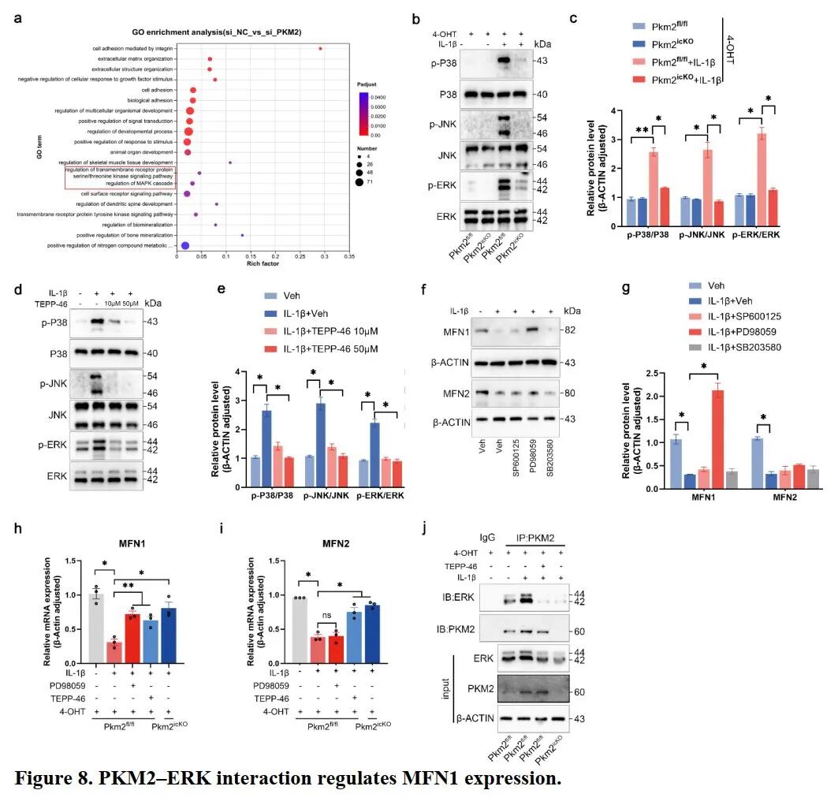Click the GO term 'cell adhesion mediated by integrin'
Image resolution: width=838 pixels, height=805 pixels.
coord(135,49)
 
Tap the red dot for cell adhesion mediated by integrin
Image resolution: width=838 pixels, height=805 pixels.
coord(320,49)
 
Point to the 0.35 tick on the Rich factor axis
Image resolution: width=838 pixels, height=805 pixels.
coord(348,256)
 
